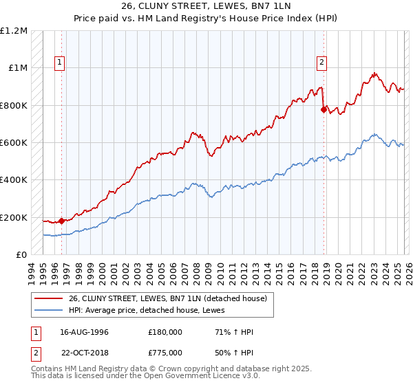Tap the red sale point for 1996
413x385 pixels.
tap(62, 221)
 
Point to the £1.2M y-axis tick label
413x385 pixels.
tap(14, 30)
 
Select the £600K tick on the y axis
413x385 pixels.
tap(14, 143)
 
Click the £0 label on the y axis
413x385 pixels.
tap(21, 255)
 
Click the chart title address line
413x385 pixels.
tap(206, 7)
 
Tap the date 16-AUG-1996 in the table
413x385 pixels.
tap(84, 332)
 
